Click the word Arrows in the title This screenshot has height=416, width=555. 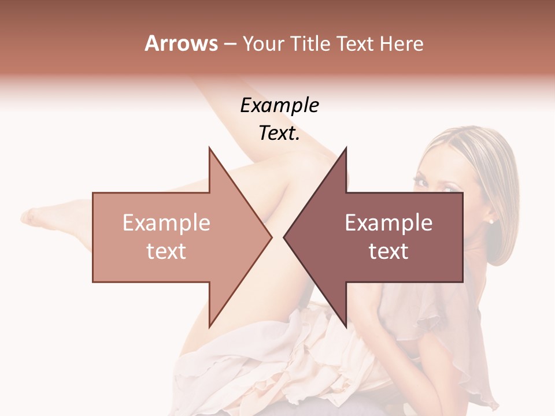point(181,43)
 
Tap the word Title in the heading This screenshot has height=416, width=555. point(309,43)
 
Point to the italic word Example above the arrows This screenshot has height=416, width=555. point(279,106)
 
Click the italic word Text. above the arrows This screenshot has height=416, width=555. point(279,133)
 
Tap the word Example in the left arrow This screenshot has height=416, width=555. point(166,223)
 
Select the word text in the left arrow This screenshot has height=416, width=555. point(166,251)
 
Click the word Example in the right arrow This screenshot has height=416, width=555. point(388,223)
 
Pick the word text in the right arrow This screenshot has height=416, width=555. point(388,251)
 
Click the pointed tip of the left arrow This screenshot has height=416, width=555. point(272,237)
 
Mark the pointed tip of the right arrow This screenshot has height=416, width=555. point(284,237)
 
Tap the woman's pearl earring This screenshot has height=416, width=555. point(491,221)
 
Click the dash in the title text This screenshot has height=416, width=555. point(230,44)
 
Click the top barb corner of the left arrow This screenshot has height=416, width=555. point(209,148)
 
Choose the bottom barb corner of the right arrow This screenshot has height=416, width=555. point(346,326)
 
